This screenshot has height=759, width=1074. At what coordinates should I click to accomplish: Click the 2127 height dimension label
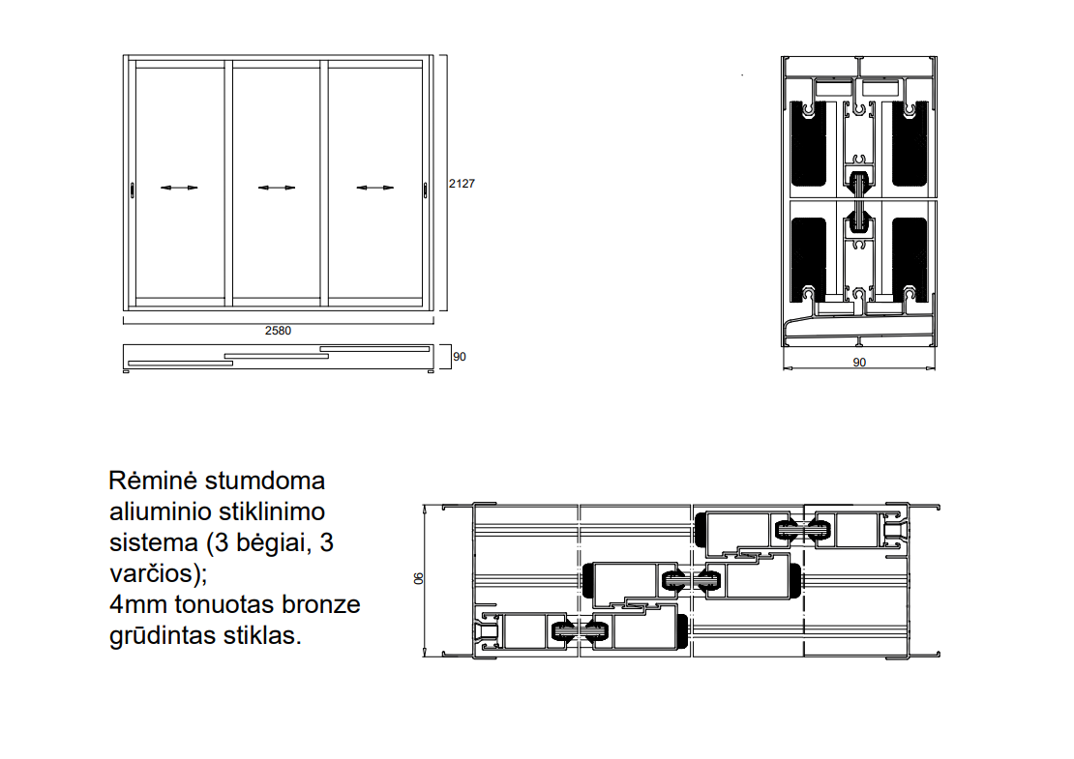[x=461, y=183]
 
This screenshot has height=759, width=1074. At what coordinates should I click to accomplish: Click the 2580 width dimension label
[x=278, y=330]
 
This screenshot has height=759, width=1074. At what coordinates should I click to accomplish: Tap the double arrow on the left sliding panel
[x=179, y=188]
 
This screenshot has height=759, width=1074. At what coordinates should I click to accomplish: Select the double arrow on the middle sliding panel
[x=277, y=188]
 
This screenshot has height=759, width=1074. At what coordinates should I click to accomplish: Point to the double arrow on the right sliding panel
[x=375, y=188]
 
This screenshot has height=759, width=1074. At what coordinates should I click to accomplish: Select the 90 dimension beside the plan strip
[x=460, y=357]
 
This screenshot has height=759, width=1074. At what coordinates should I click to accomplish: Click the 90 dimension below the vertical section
[x=859, y=363]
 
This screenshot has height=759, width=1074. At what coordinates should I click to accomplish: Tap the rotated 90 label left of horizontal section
[x=419, y=578]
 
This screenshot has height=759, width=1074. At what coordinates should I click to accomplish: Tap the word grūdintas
[x=159, y=636]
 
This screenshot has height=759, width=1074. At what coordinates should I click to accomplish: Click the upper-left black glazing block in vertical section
[x=810, y=144]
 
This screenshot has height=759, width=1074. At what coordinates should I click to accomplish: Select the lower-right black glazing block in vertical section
[x=910, y=253]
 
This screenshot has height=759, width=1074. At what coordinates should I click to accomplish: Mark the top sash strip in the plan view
[x=374, y=347]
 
